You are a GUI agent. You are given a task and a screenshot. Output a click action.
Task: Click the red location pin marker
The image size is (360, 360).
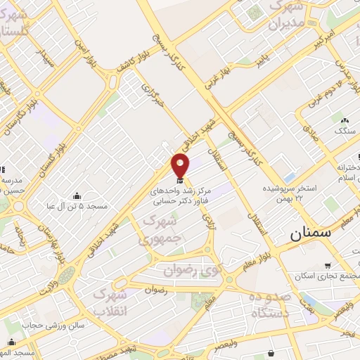tap(181, 166)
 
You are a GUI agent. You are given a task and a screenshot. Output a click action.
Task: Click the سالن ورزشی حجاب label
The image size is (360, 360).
tap(53, 326)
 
